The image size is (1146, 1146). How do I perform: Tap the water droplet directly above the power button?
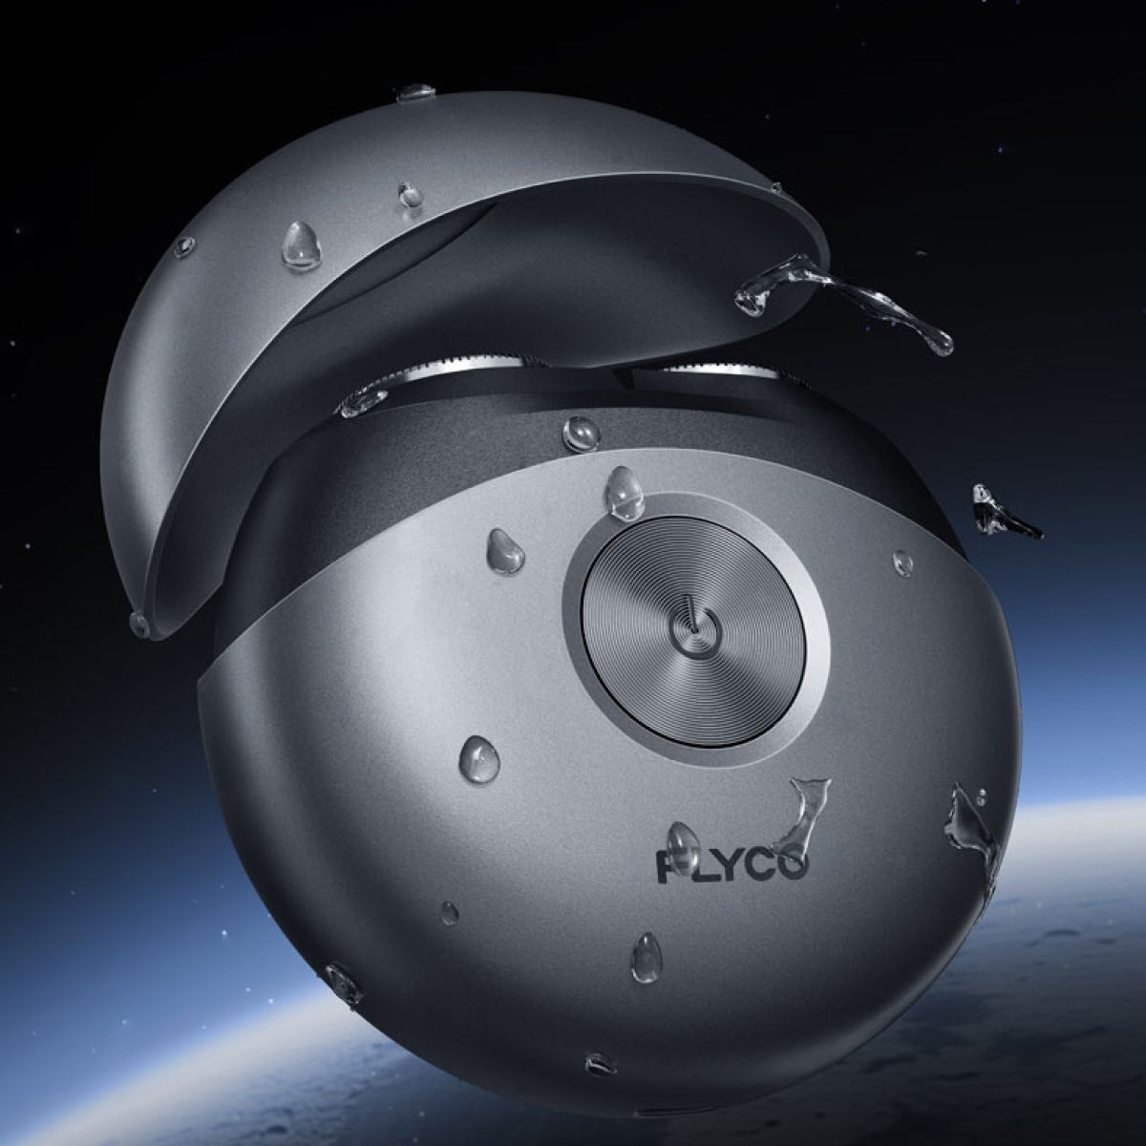(623, 490)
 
